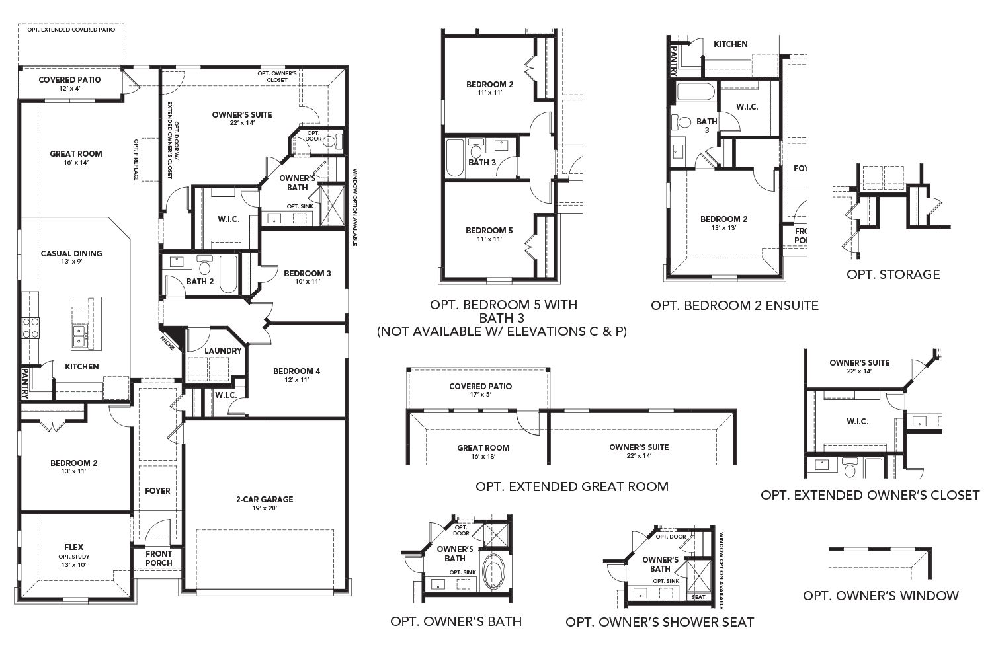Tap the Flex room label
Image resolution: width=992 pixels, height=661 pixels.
(73, 547)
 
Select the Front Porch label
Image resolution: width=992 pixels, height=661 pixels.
(159, 559)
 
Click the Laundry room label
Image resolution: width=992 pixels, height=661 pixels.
(223, 350)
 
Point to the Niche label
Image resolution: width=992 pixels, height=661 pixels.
(168, 343)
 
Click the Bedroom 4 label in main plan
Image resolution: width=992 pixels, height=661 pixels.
(296, 371)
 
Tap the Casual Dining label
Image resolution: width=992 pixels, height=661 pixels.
(71, 253)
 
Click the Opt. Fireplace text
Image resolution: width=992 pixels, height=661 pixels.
(136, 159)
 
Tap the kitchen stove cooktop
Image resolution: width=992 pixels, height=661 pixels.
(31, 328)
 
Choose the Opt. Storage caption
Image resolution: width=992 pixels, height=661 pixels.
(893, 274)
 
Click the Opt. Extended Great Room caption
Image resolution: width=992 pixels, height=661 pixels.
(571, 486)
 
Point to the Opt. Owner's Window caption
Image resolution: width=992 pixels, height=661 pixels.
(880, 596)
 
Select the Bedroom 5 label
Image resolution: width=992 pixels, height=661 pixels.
(489, 230)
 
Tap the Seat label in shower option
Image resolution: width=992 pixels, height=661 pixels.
(698, 597)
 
